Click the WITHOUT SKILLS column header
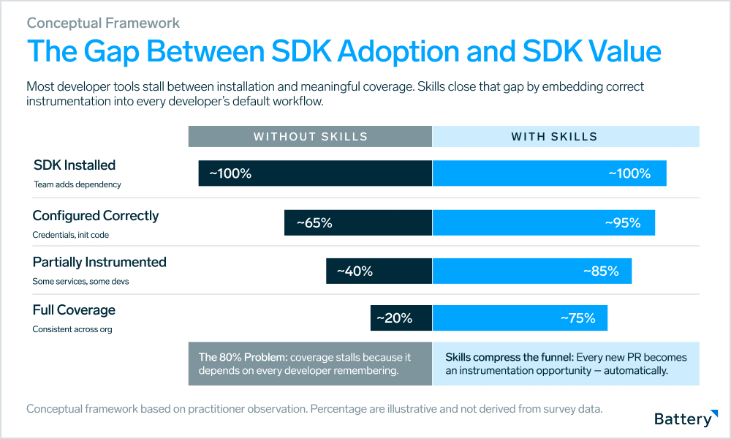click(x=311, y=137)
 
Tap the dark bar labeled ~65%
click(x=358, y=223)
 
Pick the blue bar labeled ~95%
click(x=543, y=223)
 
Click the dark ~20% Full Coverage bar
click(x=401, y=318)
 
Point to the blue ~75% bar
click(x=520, y=318)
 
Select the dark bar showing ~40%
click(x=379, y=271)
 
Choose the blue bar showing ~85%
click(x=531, y=271)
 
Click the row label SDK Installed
click(x=75, y=165)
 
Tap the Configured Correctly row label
click(x=96, y=216)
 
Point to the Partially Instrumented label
click(x=99, y=262)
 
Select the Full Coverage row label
click(x=74, y=310)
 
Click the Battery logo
click(x=683, y=419)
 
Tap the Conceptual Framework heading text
click(x=103, y=23)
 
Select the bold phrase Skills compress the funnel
click(x=509, y=358)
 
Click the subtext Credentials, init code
click(x=72, y=235)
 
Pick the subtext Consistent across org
click(x=72, y=329)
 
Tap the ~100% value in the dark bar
click(x=230, y=174)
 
